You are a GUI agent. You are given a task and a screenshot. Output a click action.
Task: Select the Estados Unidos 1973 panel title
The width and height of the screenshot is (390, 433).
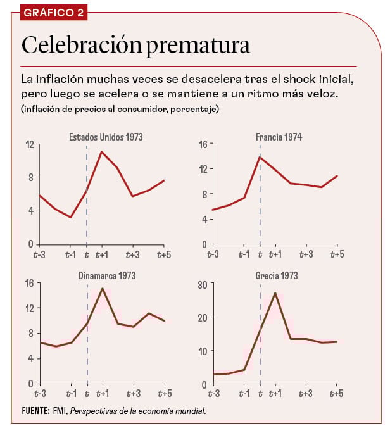point(106,136)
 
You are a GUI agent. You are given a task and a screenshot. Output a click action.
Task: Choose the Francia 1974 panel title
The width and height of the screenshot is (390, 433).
point(280,136)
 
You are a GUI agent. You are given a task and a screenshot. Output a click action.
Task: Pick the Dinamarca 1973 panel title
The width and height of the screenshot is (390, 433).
point(107,276)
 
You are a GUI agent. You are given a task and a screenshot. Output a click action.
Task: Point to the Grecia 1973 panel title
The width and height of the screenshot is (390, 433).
point(277,276)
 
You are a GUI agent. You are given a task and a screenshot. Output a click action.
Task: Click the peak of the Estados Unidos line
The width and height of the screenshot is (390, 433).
point(102,152)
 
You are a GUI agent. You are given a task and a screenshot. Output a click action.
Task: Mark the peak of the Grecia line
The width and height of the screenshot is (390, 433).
point(275,293)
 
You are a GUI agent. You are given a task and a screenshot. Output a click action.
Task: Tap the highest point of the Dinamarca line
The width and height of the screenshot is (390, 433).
point(102,289)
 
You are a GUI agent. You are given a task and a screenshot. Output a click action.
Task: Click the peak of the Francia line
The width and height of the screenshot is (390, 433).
point(260,156)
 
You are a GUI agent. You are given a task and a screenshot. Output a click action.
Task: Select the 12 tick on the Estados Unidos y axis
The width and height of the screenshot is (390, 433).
point(29,144)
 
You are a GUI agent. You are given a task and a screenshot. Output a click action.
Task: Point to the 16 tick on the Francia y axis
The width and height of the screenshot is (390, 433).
point(203,144)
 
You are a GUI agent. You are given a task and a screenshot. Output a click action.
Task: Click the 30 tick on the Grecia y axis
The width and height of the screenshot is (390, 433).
point(203,284)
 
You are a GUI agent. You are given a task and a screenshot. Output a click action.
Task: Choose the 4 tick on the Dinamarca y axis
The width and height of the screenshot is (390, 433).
point(31,358)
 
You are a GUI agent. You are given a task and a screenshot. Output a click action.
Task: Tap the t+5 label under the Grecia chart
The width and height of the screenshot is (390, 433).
point(337,394)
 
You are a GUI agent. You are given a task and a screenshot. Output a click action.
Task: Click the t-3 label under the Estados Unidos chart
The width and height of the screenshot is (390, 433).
point(40,254)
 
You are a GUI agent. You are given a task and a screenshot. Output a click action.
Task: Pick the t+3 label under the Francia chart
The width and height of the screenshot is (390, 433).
point(306,254)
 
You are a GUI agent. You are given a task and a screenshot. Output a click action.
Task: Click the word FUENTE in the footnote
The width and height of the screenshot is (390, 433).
point(35,411)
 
